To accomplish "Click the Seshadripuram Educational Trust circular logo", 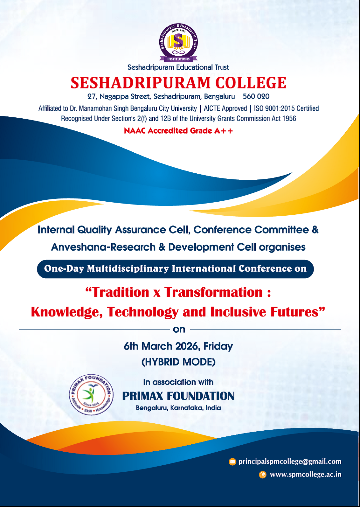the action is [x=178, y=42].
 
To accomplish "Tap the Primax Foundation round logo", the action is [x=91, y=394].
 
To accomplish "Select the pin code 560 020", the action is [x=256, y=96].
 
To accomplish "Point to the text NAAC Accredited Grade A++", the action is [x=178, y=131].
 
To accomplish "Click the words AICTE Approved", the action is [x=225, y=108].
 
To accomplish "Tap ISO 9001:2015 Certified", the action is [x=286, y=108].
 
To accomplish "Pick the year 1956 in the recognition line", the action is [x=289, y=118].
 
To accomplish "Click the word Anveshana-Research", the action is [x=103, y=247].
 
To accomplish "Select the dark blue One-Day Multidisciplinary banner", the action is [x=175, y=269].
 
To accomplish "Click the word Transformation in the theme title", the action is [x=213, y=292].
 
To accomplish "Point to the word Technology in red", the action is [x=143, y=312].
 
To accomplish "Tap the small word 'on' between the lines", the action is [x=179, y=330].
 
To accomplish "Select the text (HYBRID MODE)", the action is [x=178, y=362].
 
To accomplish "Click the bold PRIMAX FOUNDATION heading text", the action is [x=178, y=396].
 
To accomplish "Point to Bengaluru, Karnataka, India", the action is [x=178, y=408].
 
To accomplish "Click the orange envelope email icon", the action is [x=232, y=462].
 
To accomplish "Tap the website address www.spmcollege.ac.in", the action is [x=306, y=475].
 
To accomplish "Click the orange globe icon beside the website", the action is [x=262, y=475].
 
